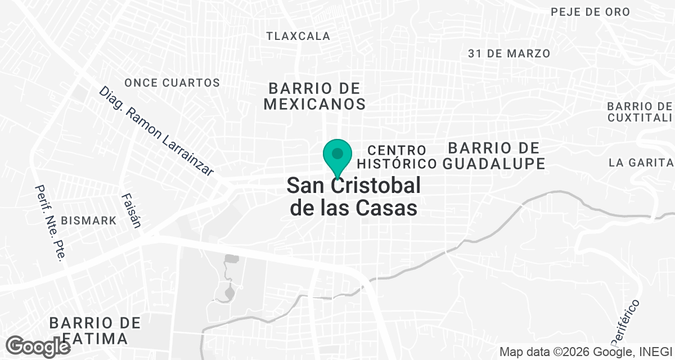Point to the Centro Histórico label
point(397,157)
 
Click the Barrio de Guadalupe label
point(493,156)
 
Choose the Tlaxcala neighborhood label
point(298,36)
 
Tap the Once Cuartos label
point(172,83)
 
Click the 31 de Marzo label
point(508,53)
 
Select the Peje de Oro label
point(591,12)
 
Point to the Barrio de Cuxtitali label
point(640,112)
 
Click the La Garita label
point(641,163)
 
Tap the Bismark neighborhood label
point(90,220)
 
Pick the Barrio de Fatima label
point(94,331)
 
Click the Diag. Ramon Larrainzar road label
point(157,132)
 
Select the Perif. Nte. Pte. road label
point(50,223)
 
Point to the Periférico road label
point(625,323)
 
